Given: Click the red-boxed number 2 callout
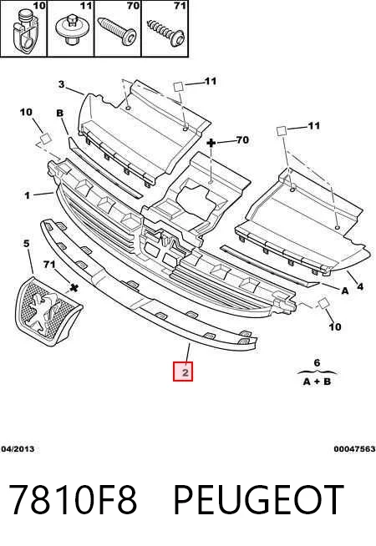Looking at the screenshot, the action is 183,372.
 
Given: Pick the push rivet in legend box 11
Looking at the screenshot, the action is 71,30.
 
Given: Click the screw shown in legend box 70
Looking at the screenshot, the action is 117,32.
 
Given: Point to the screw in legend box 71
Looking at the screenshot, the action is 166,33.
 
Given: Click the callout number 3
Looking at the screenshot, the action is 62,84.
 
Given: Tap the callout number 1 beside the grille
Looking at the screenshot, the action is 28,195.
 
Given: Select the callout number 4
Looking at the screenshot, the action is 360,286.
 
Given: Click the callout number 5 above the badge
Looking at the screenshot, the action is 27,244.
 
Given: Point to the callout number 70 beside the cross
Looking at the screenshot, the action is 242,140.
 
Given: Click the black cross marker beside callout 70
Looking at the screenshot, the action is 211,143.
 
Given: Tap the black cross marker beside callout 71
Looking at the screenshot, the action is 74,288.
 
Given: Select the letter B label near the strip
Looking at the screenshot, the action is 60,114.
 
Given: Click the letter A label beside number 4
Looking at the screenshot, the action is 344,291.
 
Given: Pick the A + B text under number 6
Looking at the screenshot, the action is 317,382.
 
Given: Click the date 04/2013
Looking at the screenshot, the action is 18,449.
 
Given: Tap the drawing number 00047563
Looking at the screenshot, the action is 355,449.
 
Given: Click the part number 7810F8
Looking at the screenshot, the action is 73,500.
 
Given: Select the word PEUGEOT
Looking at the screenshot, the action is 258,500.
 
